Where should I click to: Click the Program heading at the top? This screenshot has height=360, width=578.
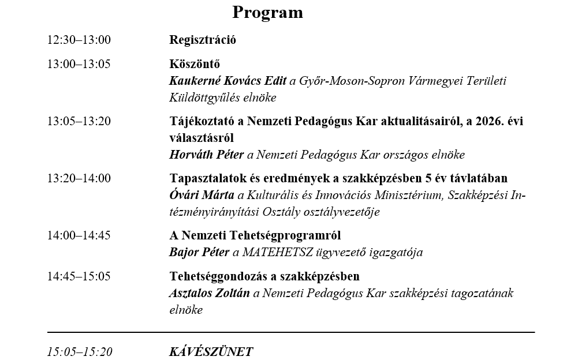pos(267,12)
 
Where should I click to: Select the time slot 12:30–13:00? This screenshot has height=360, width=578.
pos(79,40)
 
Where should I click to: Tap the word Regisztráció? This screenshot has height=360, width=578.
pos(203,40)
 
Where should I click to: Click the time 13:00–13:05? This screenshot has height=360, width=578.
pos(79,64)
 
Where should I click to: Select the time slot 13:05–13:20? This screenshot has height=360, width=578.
pos(79,121)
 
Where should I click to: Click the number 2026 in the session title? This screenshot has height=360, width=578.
pos(476,121)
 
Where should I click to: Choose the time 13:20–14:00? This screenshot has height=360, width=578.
pos(79,178)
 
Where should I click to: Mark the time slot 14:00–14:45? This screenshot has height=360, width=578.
pos(79,235)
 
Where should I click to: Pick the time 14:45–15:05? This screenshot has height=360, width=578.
pos(79,276)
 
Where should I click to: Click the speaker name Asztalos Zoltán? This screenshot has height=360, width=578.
pos(210,293)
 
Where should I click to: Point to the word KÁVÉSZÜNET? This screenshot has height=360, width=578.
pos(211,352)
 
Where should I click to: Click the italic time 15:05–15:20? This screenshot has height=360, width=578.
pos(80,352)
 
